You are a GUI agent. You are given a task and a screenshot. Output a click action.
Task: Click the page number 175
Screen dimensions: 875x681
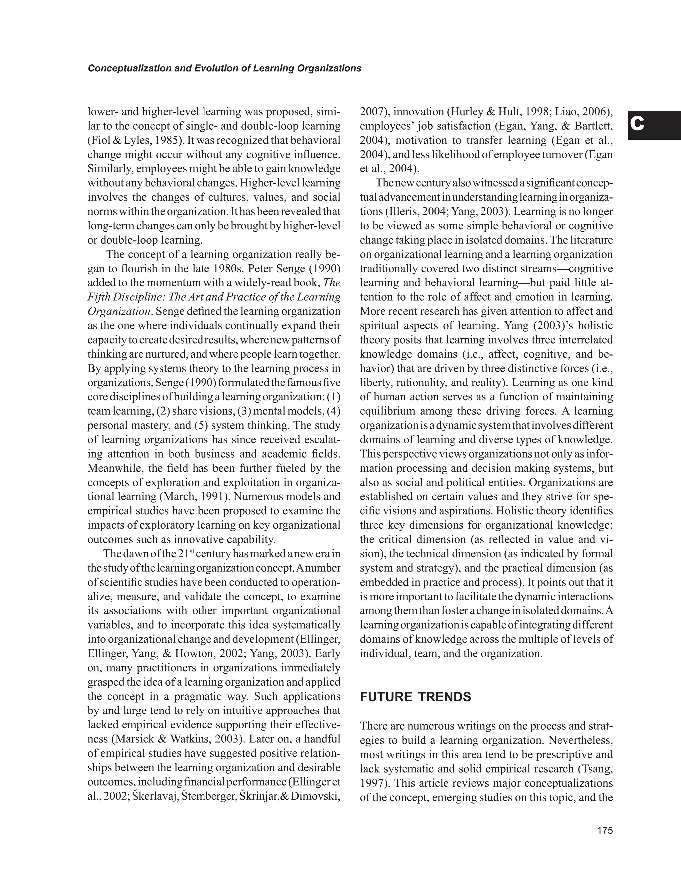tap(605, 830)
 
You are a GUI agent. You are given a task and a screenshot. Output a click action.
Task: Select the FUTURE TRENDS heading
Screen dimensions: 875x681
tap(415, 697)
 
